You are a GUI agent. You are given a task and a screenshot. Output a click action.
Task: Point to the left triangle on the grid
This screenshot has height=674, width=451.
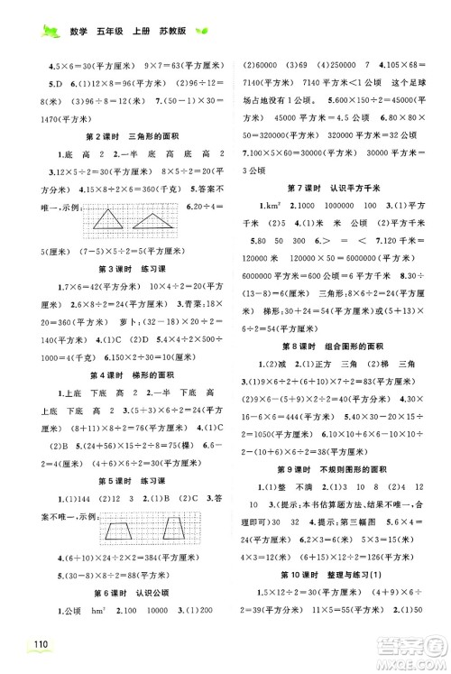tap(109, 217)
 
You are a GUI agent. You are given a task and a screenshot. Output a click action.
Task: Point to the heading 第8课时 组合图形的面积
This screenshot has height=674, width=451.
tap(329, 345)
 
